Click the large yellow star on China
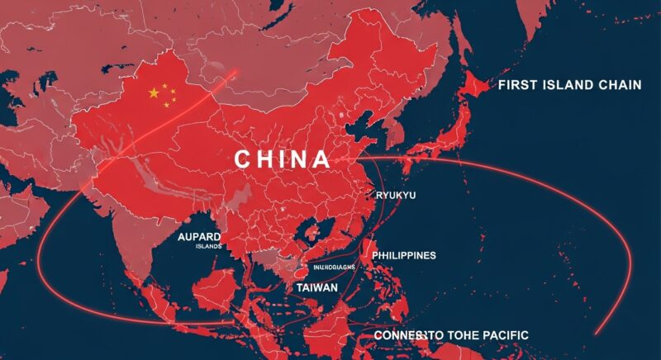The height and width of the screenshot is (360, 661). point(153,93)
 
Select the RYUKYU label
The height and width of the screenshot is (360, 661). point(395,195)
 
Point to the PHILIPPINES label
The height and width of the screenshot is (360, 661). point(404,256)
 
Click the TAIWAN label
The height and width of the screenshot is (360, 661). point(316,287)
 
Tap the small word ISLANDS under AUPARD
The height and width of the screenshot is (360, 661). point(208,246)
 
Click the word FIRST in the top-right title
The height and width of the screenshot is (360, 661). point(517,85)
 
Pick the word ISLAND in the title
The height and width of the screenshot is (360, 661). point(572,85)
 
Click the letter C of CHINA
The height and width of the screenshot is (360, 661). point(242,159)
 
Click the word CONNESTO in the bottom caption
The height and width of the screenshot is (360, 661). point(403,334)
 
